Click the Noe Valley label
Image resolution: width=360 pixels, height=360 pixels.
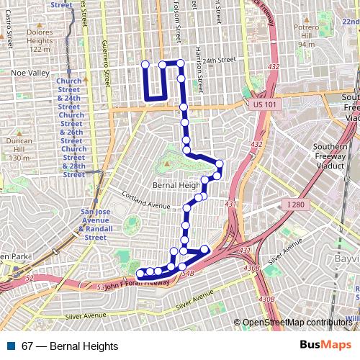point(30,73)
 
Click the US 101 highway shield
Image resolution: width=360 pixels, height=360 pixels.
point(266,105)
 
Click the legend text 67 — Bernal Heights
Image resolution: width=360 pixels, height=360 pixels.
point(70,346)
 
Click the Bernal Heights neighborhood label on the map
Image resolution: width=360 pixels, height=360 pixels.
point(176,185)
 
